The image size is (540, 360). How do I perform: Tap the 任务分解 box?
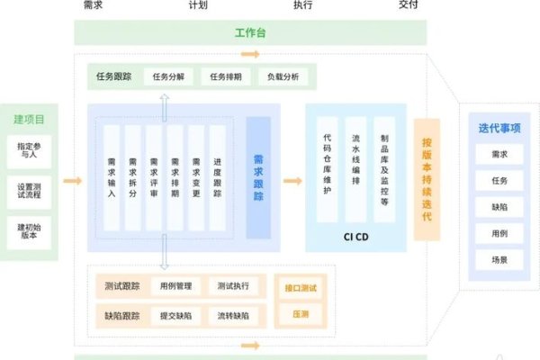pyautogui.click(x=168, y=76)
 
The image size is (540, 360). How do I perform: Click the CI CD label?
pyautogui.click(x=355, y=238)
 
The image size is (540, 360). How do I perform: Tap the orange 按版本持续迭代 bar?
pyautogui.click(x=427, y=179)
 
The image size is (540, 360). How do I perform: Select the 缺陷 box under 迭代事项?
pyautogui.click(x=499, y=206)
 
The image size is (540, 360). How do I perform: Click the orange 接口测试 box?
pyautogui.click(x=300, y=288)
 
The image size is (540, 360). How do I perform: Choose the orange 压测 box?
pyautogui.click(x=300, y=315)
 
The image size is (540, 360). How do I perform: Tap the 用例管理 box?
pyautogui.click(x=175, y=287)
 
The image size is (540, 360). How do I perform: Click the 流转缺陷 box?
pyautogui.click(x=233, y=316)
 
